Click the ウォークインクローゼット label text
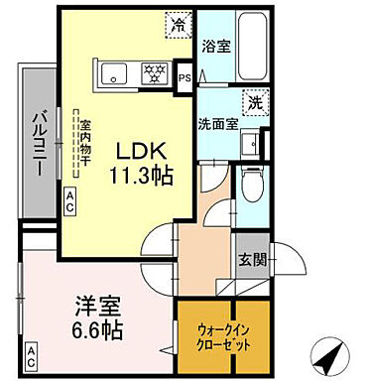tap(223, 334)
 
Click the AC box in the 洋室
tap(32, 353)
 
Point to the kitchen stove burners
tap(155, 71)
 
